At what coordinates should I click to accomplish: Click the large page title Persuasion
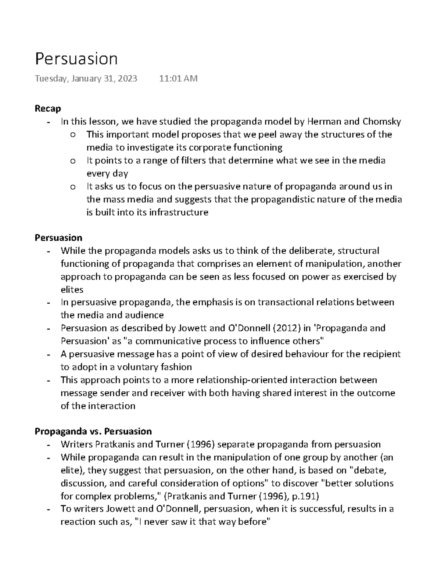[x=76, y=59]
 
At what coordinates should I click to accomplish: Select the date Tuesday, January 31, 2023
[x=86, y=78]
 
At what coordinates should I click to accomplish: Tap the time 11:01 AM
[x=178, y=78]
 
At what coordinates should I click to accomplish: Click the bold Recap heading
[x=48, y=108]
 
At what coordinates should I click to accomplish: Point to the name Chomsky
[x=382, y=121]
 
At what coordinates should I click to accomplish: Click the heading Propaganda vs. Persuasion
[x=93, y=431]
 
